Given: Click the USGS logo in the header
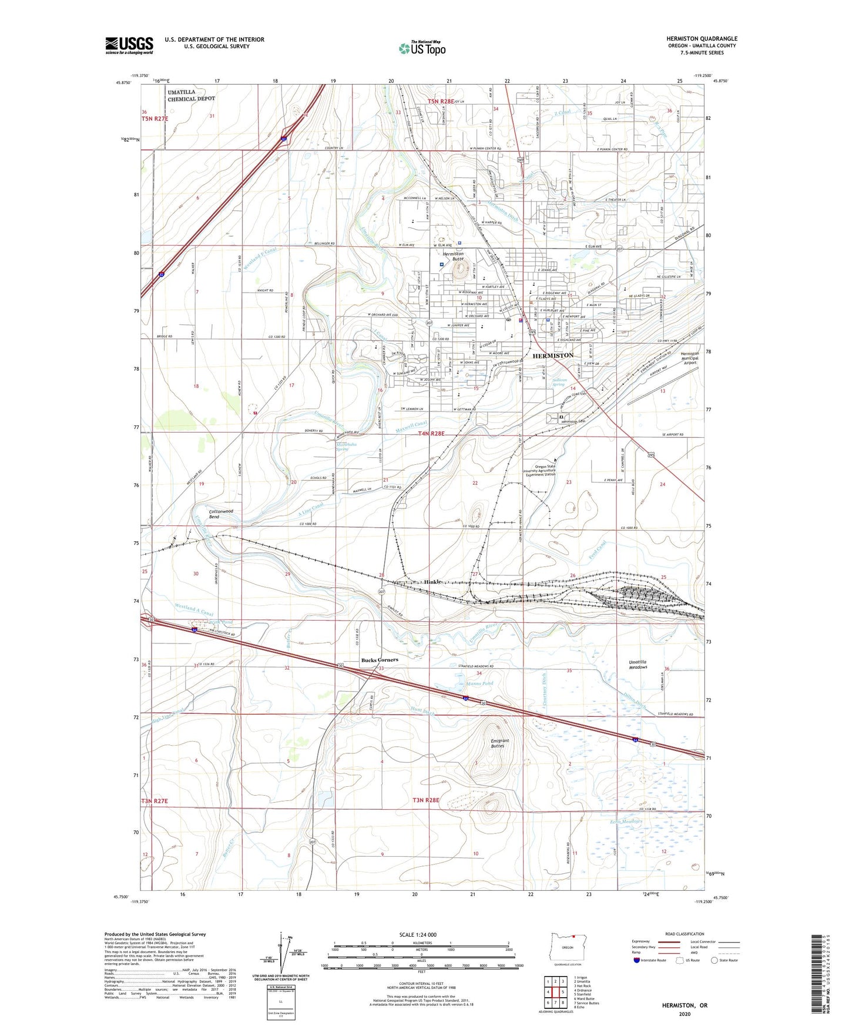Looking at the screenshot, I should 129,45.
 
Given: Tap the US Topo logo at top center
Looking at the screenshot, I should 422,48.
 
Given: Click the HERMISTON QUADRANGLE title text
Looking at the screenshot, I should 702,39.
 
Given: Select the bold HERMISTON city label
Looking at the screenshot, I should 553,356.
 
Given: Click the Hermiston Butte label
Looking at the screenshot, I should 453,256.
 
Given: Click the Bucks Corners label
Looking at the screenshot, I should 380,660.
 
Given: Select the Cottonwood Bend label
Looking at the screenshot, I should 222,514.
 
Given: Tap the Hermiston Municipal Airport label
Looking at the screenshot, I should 690,358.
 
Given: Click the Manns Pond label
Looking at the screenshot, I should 480,683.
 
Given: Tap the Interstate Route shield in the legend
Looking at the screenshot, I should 637,960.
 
